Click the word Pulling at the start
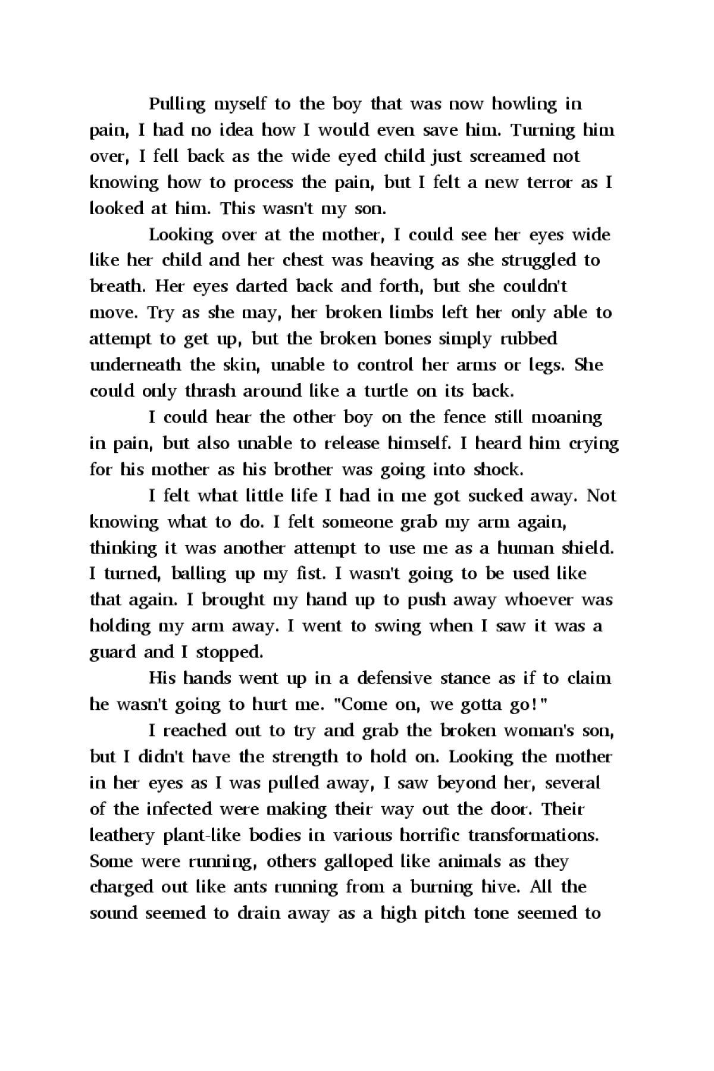coord(177,105)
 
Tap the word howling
coord(524,105)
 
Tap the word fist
coord(311,574)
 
